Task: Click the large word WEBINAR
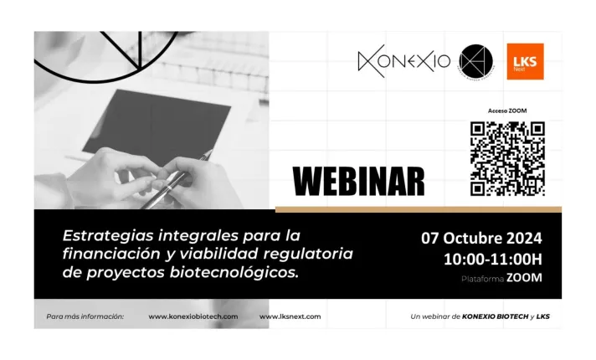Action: coord(358,180)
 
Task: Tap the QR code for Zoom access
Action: coord(507,158)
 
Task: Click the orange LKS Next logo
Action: coord(526,61)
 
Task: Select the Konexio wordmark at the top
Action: coord(403,61)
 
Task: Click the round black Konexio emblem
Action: coord(476,61)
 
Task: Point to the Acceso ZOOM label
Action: coord(507,111)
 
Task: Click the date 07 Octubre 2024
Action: coord(480,237)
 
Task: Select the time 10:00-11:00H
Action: coord(493,259)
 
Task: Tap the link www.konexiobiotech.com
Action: coord(193,316)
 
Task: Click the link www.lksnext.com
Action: coord(290,316)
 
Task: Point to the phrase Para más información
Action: coord(85,316)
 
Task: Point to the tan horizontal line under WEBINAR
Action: coord(418,208)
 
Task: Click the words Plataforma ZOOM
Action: coord(501,278)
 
